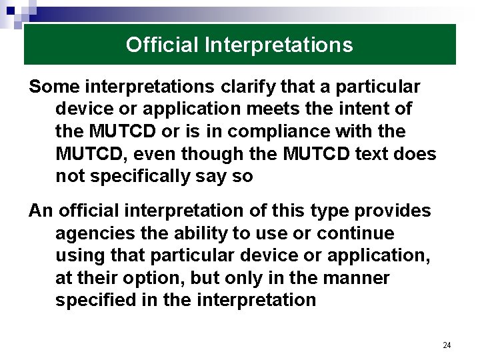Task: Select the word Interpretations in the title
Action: pos(279,45)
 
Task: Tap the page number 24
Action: pos(447,345)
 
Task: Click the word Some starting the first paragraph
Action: pos(51,87)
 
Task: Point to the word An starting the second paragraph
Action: pos(40,211)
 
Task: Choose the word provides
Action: pos(393,211)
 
